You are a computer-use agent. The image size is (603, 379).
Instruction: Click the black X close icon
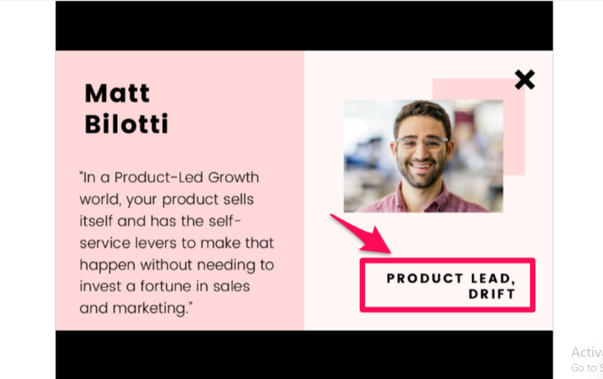coord(525,80)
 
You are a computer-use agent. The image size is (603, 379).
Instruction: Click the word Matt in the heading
coord(117,93)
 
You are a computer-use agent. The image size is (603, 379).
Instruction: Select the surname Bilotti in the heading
coord(127,123)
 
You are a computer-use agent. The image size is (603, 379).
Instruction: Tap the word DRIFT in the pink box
coord(492,294)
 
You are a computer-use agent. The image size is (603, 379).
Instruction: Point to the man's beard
coord(421,173)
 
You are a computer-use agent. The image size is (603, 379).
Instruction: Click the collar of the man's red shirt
coord(422,198)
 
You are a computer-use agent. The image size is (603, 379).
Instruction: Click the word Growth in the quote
coord(233,177)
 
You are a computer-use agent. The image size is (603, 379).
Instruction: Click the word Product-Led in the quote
coord(159,177)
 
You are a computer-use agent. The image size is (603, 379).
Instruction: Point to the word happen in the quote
coord(108,265)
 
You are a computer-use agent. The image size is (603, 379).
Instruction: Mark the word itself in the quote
coord(96,221)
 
